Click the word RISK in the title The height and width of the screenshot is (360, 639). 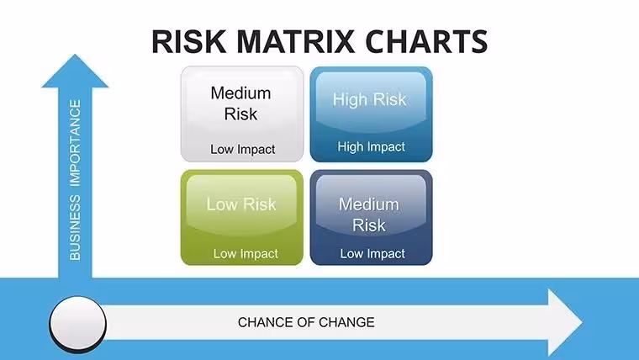pos(188,41)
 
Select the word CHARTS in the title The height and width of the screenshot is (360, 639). pos(426,41)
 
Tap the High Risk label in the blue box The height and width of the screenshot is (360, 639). pos(370,99)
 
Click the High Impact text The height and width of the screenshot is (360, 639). pos(372,146)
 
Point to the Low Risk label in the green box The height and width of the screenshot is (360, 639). pos(241,204)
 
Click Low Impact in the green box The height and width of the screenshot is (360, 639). pos(246,253)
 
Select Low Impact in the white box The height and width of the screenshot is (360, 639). pos(243,149)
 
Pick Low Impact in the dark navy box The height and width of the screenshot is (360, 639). pos(372,253)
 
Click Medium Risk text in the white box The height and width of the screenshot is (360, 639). pos(240,103)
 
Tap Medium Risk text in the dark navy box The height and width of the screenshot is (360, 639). pos(369,214)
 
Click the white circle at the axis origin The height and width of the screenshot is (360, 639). pos(78,323)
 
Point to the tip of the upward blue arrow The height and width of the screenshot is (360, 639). pos(75,55)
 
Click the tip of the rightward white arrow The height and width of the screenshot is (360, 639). pos(582,322)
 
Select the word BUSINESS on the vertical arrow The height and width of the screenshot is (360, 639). pos(75,227)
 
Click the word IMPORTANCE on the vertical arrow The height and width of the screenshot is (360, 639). pos(75,143)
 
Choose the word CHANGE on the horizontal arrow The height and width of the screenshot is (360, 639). pos(346,322)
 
